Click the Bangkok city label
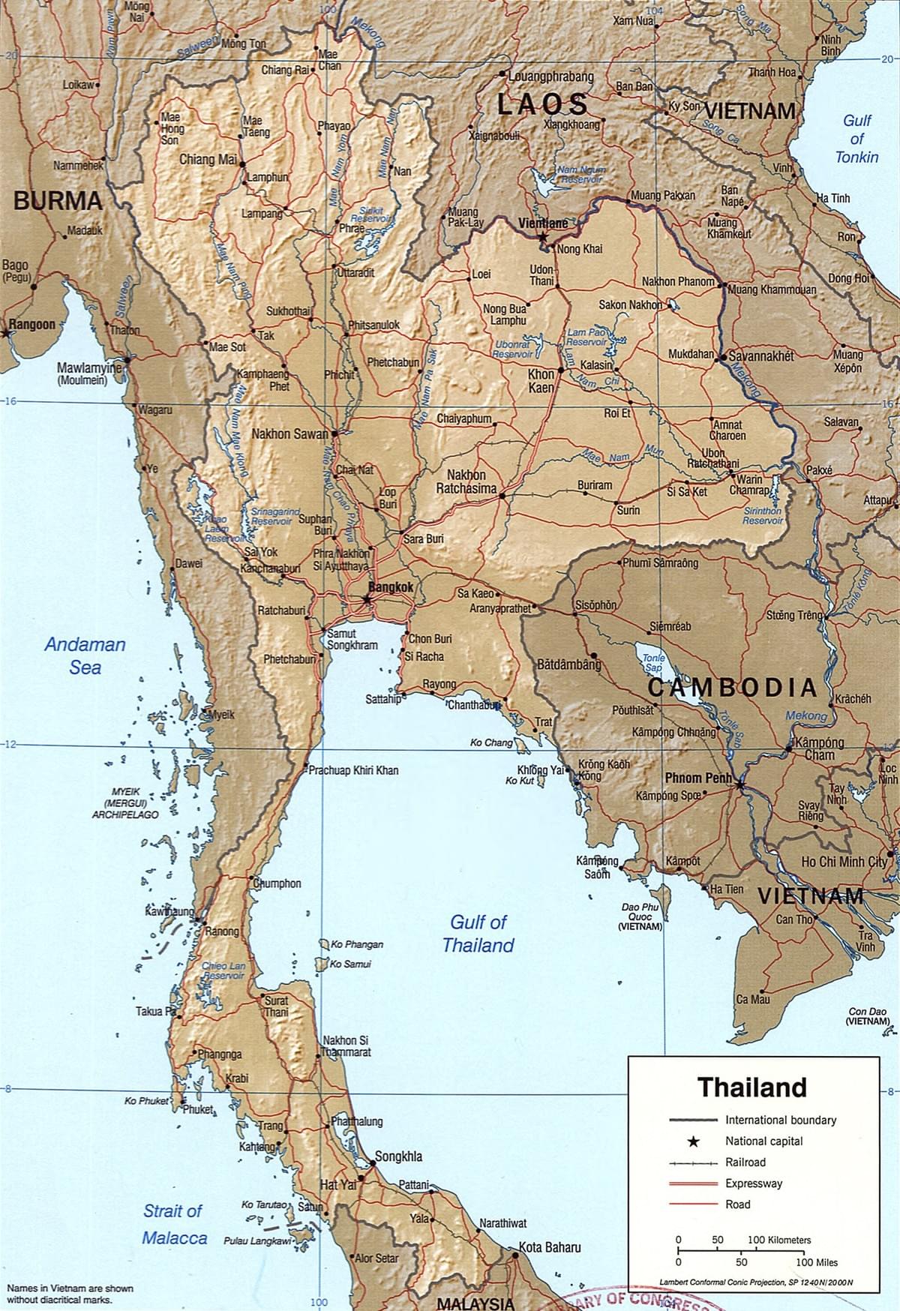[x=391, y=587]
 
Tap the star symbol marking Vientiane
[x=542, y=236]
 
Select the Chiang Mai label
[x=208, y=160]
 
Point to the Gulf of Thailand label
[x=478, y=933]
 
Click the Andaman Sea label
[x=85, y=655]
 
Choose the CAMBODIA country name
[x=732, y=687]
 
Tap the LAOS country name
[x=543, y=104]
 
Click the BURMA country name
[x=58, y=200]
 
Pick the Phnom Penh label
[x=697, y=778]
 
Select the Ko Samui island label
[x=350, y=964]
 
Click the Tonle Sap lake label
[x=653, y=662]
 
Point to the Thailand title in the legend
[x=752, y=1087]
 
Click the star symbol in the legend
[x=694, y=1141]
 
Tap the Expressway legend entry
[x=753, y=1183]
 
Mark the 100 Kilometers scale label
[x=779, y=1240]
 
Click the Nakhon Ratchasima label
[x=466, y=481]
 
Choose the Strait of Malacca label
[x=174, y=1224]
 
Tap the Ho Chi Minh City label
[x=844, y=862]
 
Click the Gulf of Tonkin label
[x=856, y=139]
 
